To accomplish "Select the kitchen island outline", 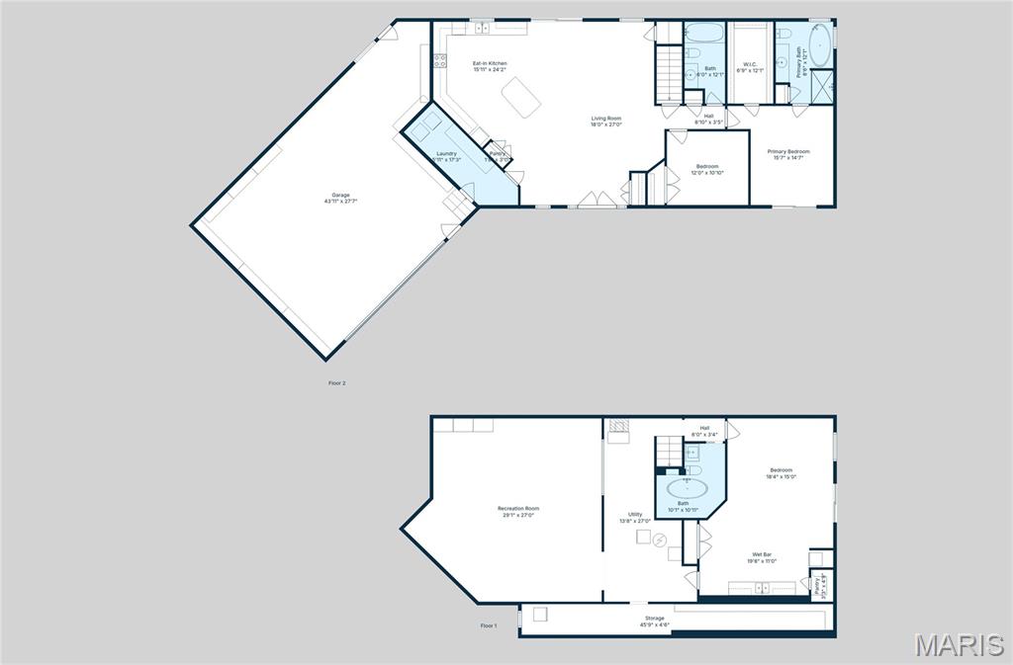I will point(522,97).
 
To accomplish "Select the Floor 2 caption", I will point(337,382).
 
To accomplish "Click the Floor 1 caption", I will point(489,625).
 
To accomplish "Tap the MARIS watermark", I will point(959,645).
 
